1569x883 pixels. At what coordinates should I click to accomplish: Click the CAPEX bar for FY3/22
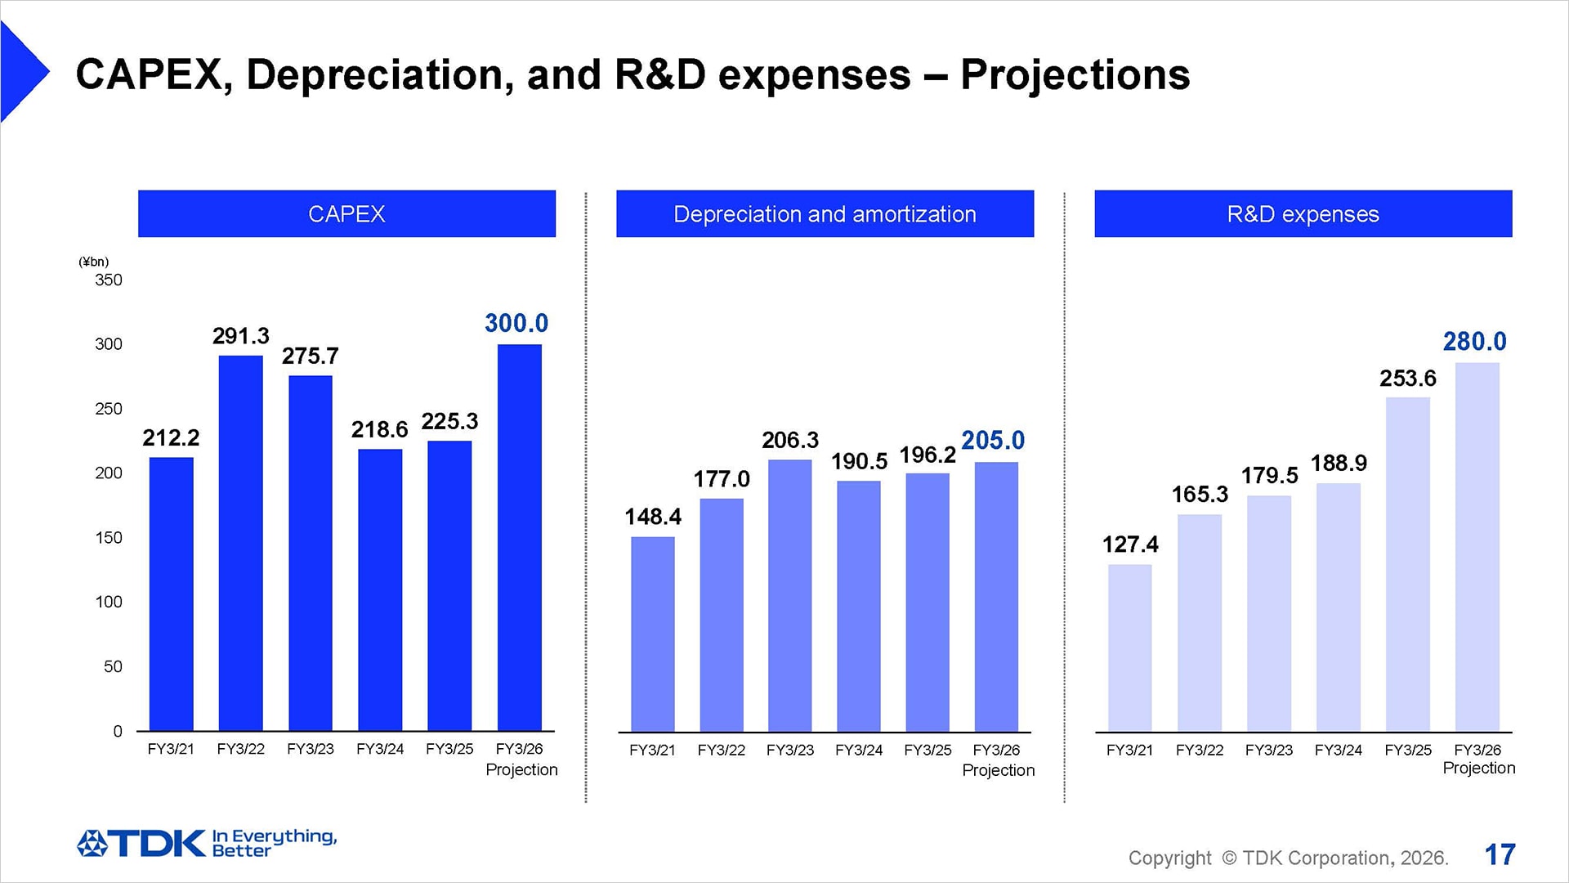pos(240,543)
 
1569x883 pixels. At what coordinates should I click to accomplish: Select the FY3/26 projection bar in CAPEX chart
pos(519,537)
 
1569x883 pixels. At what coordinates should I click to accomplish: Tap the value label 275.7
pos(310,356)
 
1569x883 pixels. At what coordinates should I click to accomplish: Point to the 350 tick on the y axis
pos(108,280)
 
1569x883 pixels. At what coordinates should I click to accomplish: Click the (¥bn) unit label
pos(93,262)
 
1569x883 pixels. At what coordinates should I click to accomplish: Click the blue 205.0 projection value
pos(992,441)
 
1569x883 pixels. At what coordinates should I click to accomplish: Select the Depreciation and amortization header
pos(825,214)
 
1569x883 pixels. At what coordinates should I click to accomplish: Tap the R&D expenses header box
pos(1303,214)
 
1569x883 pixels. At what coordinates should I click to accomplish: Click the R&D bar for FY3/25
pos(1407,564)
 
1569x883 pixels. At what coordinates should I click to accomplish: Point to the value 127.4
pos(1129,545)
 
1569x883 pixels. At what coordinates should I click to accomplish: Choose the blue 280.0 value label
pos(1473,342)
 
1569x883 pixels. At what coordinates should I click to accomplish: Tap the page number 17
pos(1500,855)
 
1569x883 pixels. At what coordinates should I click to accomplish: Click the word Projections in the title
pos(1075,75)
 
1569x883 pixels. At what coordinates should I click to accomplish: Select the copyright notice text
pos(1288,858)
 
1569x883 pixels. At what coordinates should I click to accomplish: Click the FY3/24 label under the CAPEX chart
pos(380,749)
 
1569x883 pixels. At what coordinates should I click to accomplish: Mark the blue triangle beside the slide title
pos(22,72)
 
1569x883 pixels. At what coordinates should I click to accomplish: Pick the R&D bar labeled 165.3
pos(1199,623)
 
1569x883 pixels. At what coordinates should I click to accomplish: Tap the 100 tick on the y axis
pos(108,603)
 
